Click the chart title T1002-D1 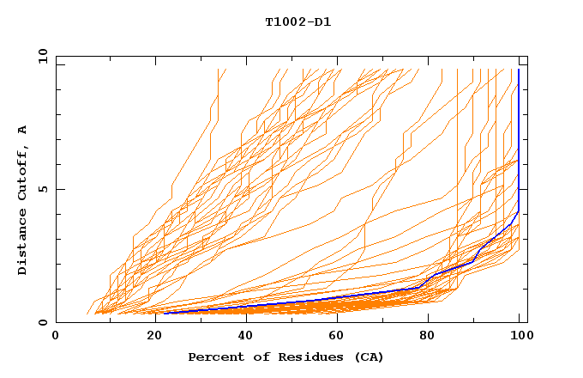point(298,21)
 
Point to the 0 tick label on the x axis point(57,336)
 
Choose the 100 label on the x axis point(520,336)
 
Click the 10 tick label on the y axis point(42,56)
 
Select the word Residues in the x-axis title point(302,357)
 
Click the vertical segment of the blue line point(519,137)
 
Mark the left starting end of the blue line point(164,313)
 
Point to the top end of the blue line point(519,70)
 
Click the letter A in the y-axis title point(23,130)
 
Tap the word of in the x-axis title point(256,357)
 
